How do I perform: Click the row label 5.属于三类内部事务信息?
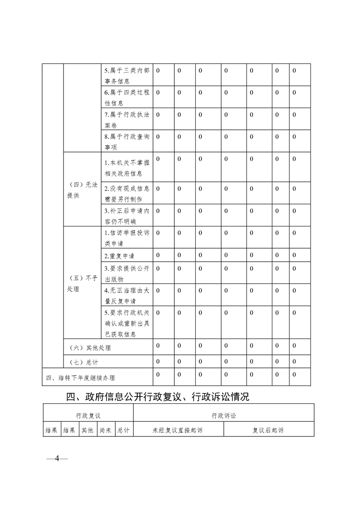pos(127,76)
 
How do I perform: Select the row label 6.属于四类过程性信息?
pos(127,98)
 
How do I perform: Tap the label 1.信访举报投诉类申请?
pos(127,238)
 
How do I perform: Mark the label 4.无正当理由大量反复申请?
pos(127,295)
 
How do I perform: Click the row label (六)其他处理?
pos(91,348)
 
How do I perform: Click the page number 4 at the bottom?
pos(57,458)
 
